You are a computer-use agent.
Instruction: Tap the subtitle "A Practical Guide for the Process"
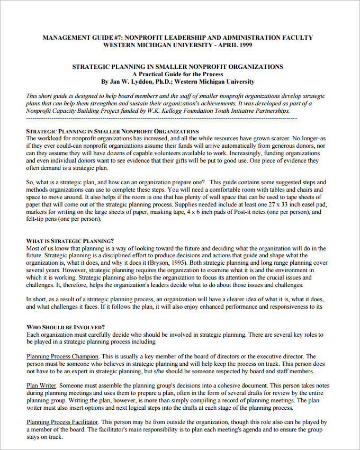pos(177,74)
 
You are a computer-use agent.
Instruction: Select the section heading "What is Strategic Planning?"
pos(70,241)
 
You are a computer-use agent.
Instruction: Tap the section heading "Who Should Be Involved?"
pos(65,327)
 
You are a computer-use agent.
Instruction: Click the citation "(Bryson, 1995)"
pos(170,263)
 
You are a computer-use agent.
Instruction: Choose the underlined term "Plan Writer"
pos(42,386)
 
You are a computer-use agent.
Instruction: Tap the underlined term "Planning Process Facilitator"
pos(62,422)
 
